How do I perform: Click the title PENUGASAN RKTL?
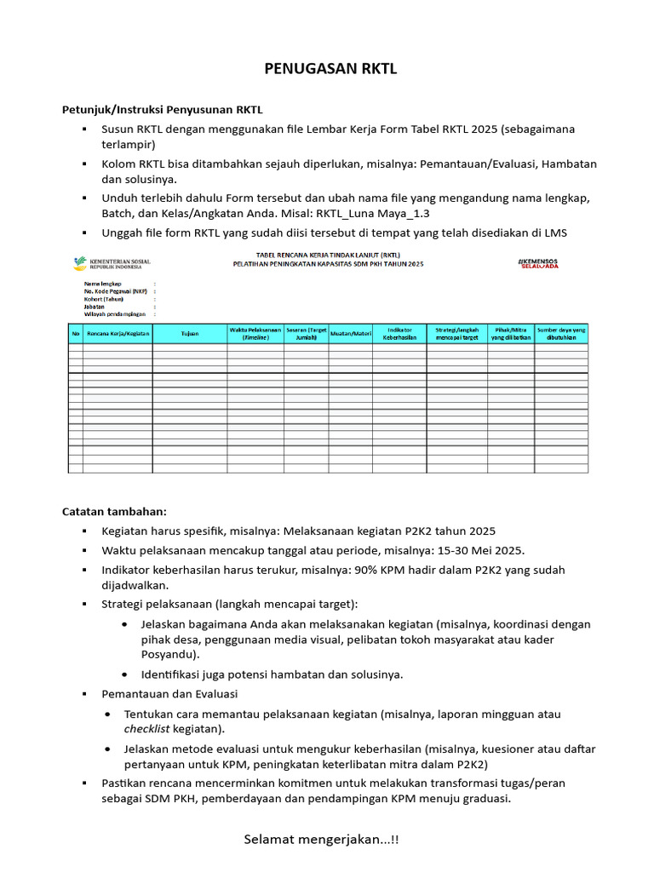[328, 69]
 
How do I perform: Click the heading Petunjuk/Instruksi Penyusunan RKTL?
[163, 110]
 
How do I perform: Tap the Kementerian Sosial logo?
[112, 263]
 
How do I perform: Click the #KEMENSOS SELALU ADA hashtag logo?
[539, 263]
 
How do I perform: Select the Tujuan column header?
[190, 334]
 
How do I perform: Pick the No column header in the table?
[75, 334]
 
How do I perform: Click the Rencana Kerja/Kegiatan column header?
[118, 334]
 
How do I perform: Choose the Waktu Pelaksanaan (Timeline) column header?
[255, 334]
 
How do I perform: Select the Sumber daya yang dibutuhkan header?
[561, 334]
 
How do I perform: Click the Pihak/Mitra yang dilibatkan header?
[511, 334]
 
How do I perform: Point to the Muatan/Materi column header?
[351, 334]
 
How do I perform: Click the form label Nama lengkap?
[103, 283]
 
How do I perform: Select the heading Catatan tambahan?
[115, 512]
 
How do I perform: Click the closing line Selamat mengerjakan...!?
[321, 840]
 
